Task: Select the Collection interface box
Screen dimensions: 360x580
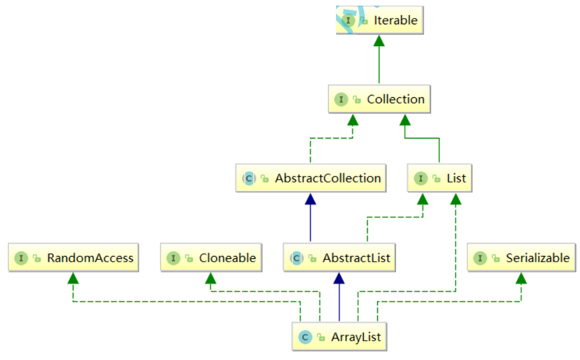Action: click(379, 99)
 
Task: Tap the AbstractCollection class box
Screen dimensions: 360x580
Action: click(311, 179)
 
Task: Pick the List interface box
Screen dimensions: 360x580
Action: click(439, 179)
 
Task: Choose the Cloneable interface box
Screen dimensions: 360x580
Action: click(211, 258)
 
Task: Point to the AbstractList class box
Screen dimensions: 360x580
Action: click(338, 258)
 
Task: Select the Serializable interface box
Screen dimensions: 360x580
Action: click(521, 258)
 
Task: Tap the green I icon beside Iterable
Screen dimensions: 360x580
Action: click(349, 20)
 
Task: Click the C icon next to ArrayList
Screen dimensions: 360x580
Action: click(304, 337)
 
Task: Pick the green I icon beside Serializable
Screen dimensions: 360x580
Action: click(480, 258)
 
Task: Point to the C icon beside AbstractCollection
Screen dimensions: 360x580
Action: click(248, 179)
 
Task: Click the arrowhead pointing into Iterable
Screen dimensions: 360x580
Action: click(379, 40)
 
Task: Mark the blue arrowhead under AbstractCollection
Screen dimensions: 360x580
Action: click(310, 198)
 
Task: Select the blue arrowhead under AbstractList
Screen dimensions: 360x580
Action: click(338, 278)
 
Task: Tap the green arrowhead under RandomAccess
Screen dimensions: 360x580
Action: click(73, 278)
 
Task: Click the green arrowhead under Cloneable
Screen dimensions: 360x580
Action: click(211, 278)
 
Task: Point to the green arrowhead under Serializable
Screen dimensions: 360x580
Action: click(521, 278)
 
